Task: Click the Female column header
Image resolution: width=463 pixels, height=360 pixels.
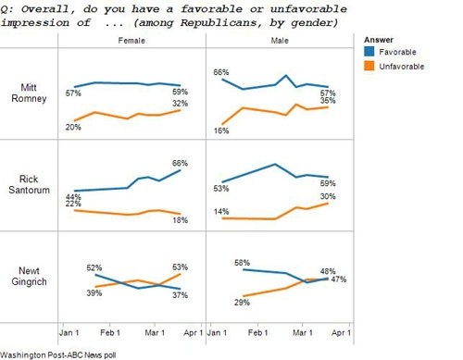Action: click(x=131, y=43)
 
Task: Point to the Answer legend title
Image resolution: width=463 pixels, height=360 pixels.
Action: click(x=380, y=41)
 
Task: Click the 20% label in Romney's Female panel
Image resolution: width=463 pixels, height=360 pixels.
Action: click(x=72, y=127)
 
